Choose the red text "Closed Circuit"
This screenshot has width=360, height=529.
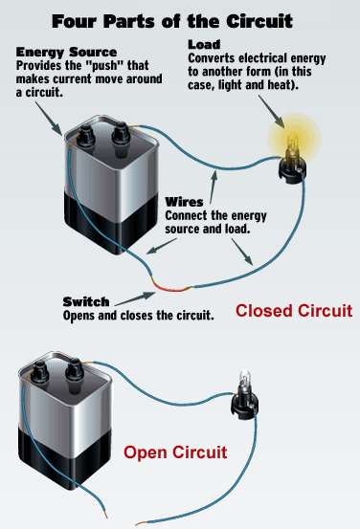click(294, 311)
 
